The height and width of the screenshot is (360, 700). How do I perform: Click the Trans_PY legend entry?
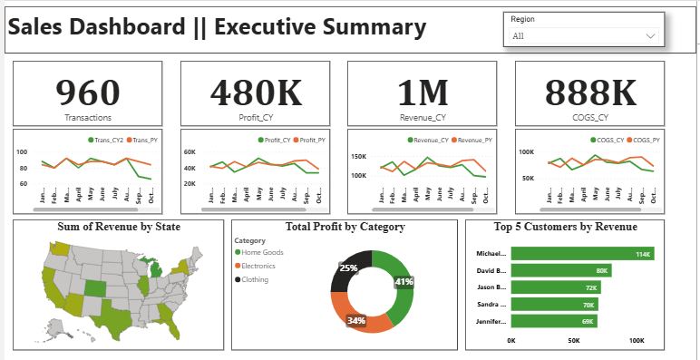point(142,140)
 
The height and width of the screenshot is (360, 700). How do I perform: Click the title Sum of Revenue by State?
point(119,227)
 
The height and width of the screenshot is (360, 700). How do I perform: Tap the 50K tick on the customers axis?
point(573,341)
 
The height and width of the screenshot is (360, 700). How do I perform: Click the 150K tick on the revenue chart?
point(359,156)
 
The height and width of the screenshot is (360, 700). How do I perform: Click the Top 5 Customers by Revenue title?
point(564,227)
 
